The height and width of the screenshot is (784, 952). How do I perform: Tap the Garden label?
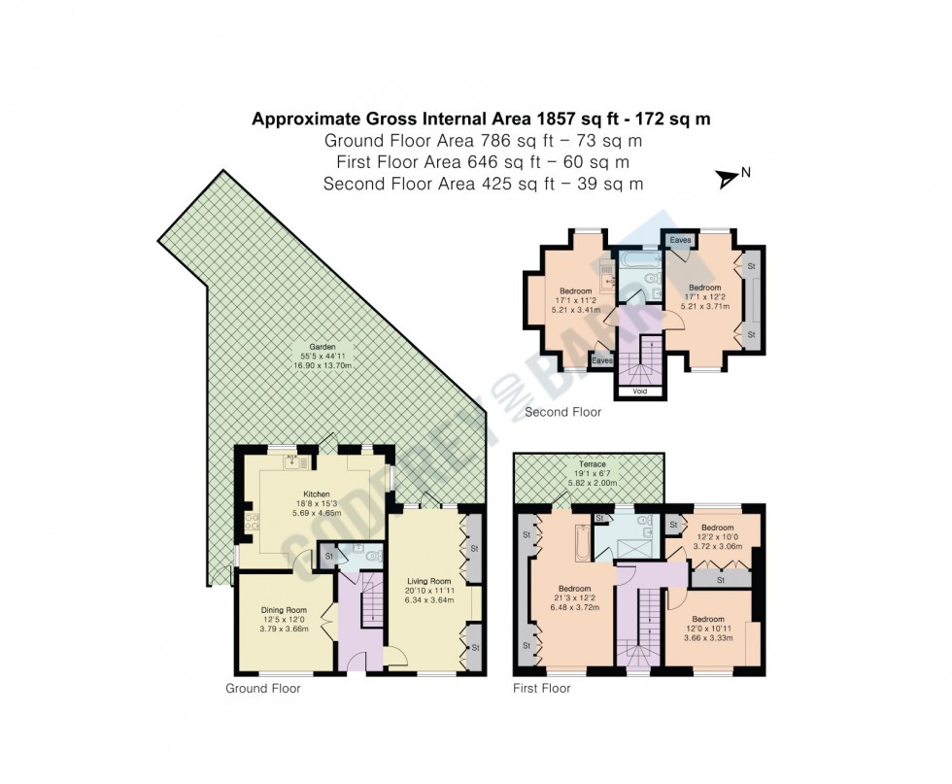(323, 347)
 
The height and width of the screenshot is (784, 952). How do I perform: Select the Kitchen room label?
(318, 494)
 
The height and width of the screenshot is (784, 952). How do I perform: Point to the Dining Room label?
(283, 610)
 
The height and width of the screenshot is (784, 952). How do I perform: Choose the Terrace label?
(593, 465)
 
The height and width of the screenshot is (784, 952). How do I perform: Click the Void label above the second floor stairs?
(640, 392)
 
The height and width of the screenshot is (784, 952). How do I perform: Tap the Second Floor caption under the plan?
(562, 413)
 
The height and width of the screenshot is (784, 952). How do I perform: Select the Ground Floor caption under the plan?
(262, 689)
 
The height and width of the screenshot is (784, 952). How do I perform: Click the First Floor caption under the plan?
(541, 689)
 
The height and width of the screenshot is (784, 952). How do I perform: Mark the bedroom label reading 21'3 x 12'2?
(574, 588)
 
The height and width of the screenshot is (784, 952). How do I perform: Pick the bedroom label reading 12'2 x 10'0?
(716, 529)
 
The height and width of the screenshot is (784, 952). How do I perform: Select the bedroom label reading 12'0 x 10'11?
(708, 619)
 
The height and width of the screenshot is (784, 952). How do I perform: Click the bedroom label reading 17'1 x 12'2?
(704, 288)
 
